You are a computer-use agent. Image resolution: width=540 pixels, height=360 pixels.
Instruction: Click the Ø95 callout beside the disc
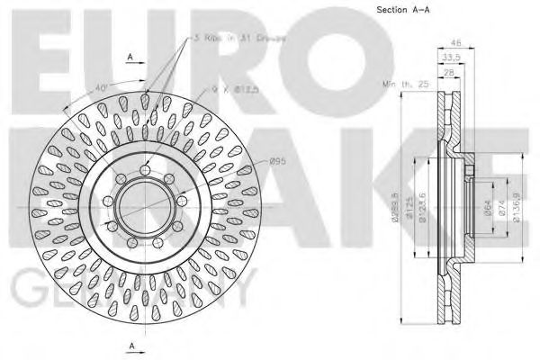[x=278, y=162]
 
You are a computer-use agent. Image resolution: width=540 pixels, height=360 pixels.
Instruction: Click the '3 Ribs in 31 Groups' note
[x=230, y=39]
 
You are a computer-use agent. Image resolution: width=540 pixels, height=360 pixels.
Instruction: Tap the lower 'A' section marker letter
[x=130, y=346]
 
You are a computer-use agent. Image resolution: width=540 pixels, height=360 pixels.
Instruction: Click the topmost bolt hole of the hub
[x=145, y=172]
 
